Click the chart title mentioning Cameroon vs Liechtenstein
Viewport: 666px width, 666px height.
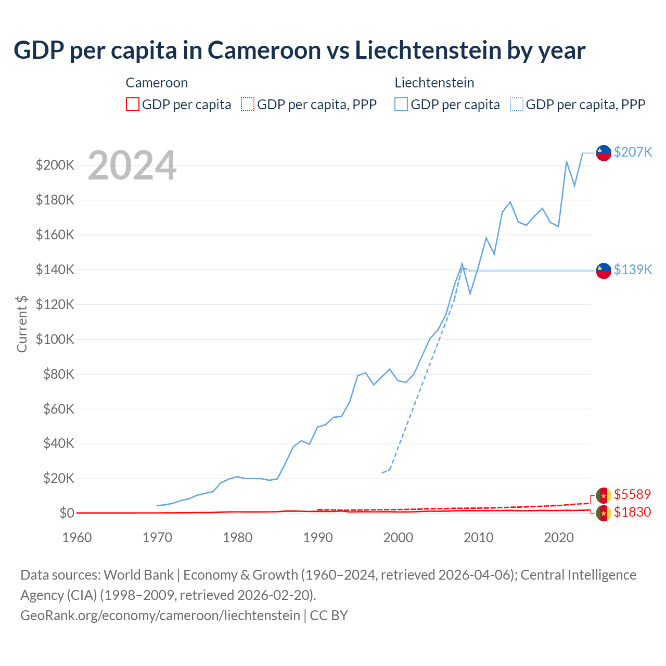pyautogui.click(x=299, y=50)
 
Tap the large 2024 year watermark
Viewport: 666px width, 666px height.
pyautogui.click(x=132, y=165)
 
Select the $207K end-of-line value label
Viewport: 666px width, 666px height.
pyautogui.click(x=633, y=152)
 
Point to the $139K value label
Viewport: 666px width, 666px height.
pyautogui.click(x=633, y=270)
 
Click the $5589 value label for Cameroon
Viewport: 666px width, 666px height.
pyautogui.click(x=632, y=494)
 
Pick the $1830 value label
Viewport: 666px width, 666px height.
pyautogui.click(x=632, y=513)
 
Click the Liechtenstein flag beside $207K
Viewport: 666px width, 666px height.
pyautogui.click(x=604, y=153)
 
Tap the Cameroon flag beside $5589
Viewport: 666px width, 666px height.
pyautogui.click(x=604, y=495)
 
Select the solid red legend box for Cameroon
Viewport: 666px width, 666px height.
pyautogui.click(x=133, y=105)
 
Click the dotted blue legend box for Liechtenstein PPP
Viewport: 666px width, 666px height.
pyautogui.click(x=517, y=105)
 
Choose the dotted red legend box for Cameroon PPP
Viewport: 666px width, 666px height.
pyautogui.click(x=248, y=105)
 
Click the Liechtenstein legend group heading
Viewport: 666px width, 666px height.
pyautogui.click(x=434, y=83)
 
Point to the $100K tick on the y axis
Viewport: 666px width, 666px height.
pyautogui.click(x=55, y=339)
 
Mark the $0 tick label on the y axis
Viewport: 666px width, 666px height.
pyautogui.click(x=67, y=514)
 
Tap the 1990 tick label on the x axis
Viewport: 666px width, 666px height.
pyautogui.click(x=318, y=537)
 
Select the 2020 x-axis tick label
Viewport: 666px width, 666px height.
pyautogui.click(x=558, y=537)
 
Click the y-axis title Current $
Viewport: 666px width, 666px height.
pyautogui.click(x=22, y=324)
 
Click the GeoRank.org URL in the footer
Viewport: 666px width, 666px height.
pyautogui.click(x=160, y=616)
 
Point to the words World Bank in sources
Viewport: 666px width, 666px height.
pyautogui.click(x=138, y=575)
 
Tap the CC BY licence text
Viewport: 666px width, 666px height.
pyautogui.click(x=329, y=616)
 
